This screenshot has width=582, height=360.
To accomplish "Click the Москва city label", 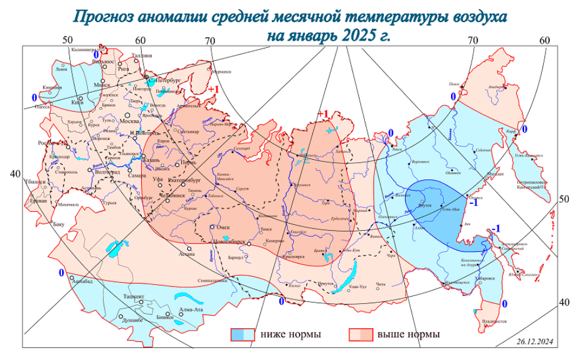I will coord(129,121).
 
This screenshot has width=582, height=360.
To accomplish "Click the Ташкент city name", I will coord(134,297).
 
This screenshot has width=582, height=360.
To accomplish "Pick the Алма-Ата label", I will coord(191,310).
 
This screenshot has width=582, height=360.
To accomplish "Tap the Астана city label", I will coord(187,254).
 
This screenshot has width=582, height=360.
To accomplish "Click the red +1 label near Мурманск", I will coord(214,90).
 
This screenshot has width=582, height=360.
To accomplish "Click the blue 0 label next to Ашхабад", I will coord(61,273).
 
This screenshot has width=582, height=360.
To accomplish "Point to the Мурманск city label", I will coord(221,71).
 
